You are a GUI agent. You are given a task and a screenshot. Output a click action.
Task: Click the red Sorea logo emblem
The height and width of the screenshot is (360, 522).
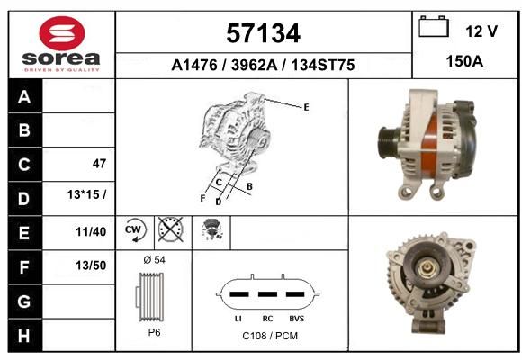[x=62, y=33]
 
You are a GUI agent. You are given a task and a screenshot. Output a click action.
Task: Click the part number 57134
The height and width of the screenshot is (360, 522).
[x=264, y=33]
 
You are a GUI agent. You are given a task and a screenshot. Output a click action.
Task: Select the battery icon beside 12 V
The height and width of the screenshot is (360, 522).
[x=434, y=26]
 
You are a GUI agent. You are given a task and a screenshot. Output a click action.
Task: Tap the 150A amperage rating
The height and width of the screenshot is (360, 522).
[x=464, y=61]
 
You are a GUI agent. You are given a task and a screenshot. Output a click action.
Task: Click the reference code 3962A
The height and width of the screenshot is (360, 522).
[x=254, y=65]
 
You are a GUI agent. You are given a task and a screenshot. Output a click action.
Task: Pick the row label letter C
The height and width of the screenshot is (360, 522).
[x=24, y=165]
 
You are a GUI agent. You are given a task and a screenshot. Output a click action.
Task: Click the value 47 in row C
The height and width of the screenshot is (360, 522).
[x=99, y=164]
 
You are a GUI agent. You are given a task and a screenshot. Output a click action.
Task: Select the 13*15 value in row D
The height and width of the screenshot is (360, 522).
[x=86, y=194]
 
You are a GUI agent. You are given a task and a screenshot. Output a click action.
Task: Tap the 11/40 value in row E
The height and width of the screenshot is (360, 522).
[x=91, y=231]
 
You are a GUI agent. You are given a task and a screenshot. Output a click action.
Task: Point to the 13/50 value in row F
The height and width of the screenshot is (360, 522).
[x=91, y=265]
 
